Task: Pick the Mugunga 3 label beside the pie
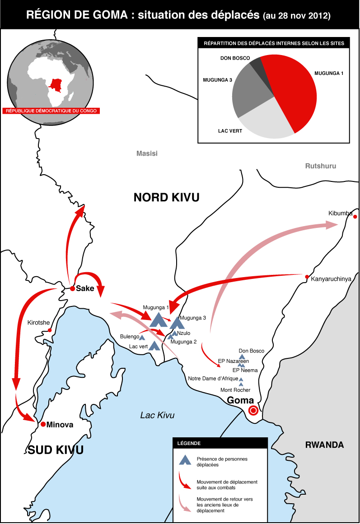tap(218, 80)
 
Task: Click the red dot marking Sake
tap(72, 288)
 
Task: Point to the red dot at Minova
tap(43, 424)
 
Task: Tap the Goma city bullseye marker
tap(253, 410)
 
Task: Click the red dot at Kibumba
tap(355, 217)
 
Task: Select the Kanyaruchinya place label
tap(331, 279)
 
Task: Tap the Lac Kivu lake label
tap(157, 415)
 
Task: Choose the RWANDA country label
tap(324, 445)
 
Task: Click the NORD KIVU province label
tap(166, 197)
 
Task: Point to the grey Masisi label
tap(147, 153)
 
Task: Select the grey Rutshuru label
tap(321, 166)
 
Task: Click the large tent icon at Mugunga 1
tap(159, 320)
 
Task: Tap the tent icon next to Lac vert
tap(154, 346)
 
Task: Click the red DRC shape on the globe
tap(56, 84)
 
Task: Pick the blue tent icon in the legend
tap(185, 461)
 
